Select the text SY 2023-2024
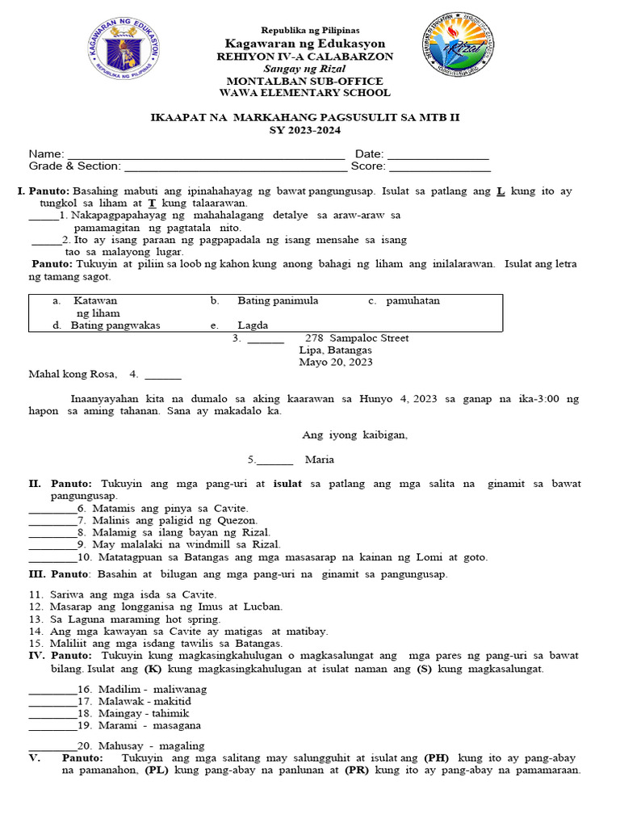pos(305,130)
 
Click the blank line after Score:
pos(440,168)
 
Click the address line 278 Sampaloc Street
pos(356,338)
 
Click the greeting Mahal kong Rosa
pos(73,374)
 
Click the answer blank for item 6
pos(52,510)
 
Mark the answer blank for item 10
pos(52,558)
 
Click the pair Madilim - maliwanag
pos(152,690)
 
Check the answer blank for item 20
pos(52,747)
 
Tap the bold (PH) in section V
pos(437,758)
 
